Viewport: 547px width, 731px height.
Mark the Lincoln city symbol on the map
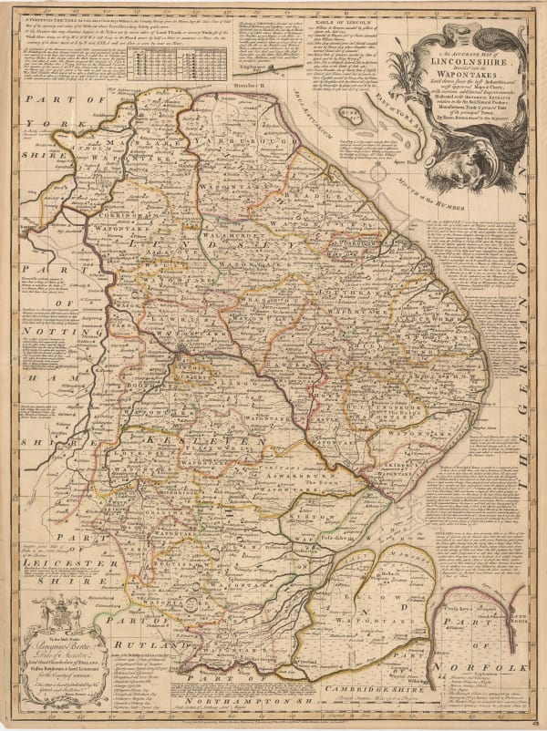coord(185,347)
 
